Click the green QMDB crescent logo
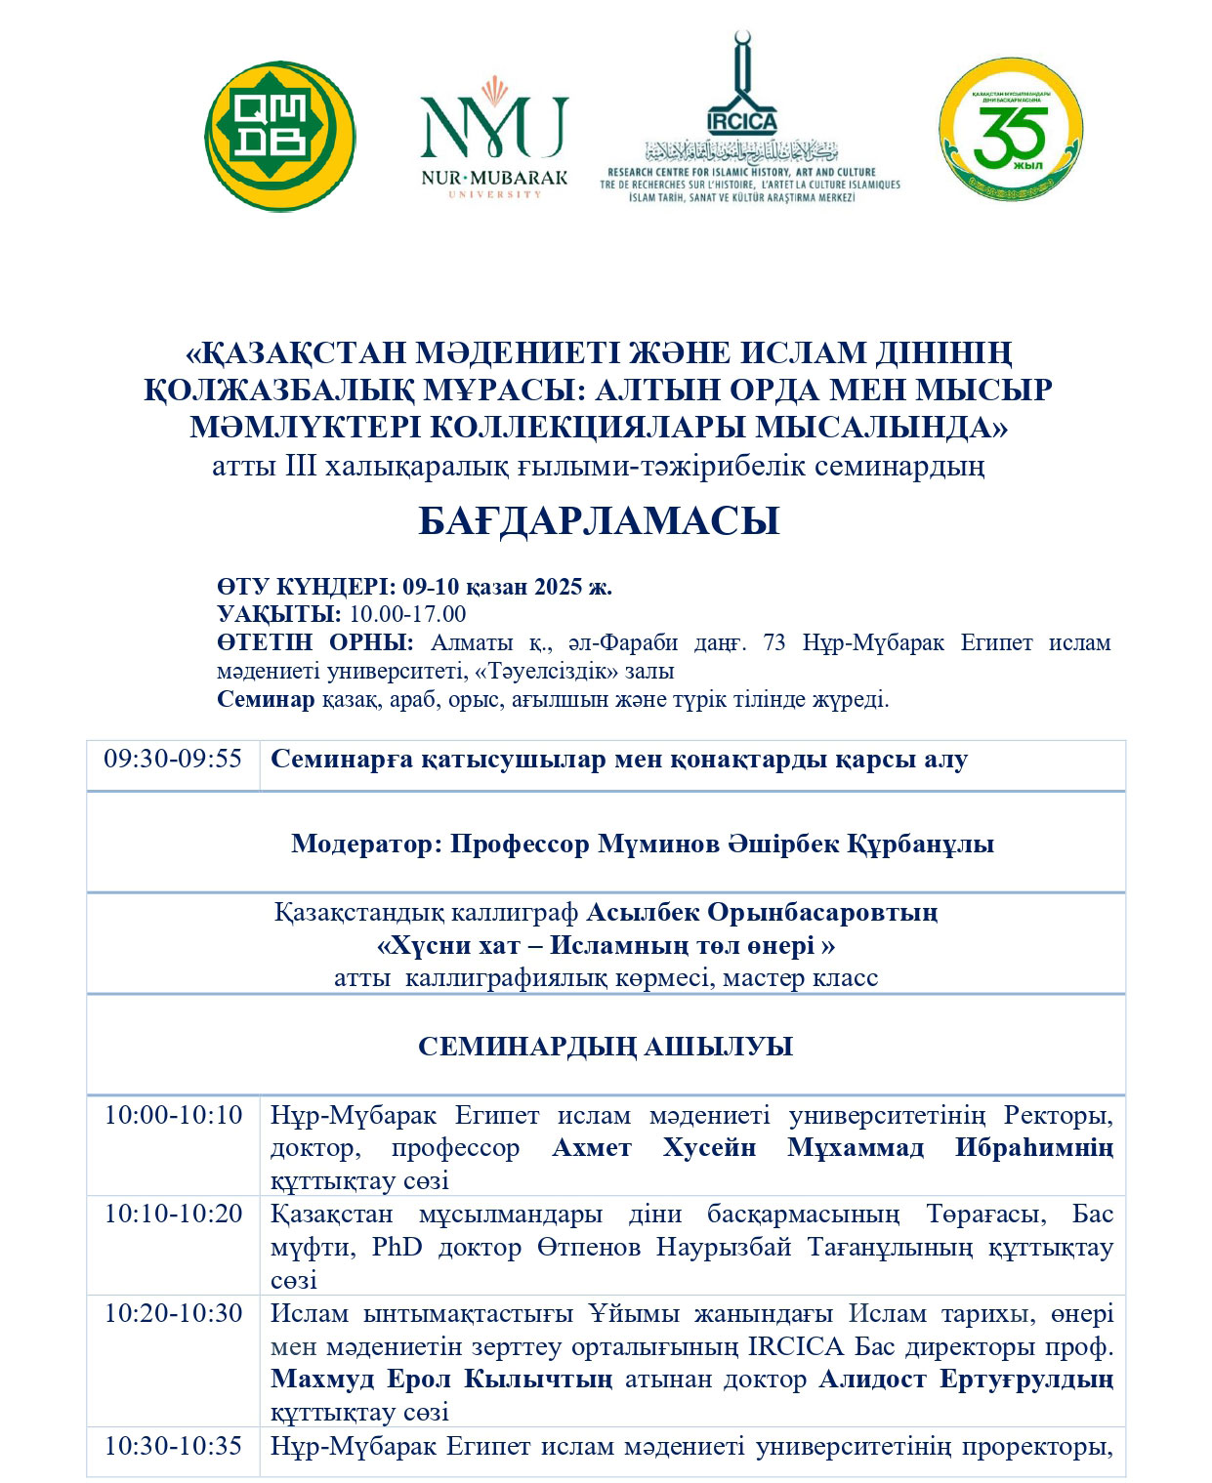coord(279,137)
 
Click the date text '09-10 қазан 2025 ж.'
coord(507,587)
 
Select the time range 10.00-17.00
coord(407,614)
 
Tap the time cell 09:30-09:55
coord(173,759)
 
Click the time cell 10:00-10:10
coord(173,1115)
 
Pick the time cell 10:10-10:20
coord(173,1214)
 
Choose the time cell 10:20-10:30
coord(173,1313)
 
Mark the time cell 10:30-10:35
coord(173,1445)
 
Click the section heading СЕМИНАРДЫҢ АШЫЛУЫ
coord(606,1047)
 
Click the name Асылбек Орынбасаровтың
coord(762,913)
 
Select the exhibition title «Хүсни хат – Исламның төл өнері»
coord(606,945)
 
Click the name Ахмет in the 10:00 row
coord(592,1148)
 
